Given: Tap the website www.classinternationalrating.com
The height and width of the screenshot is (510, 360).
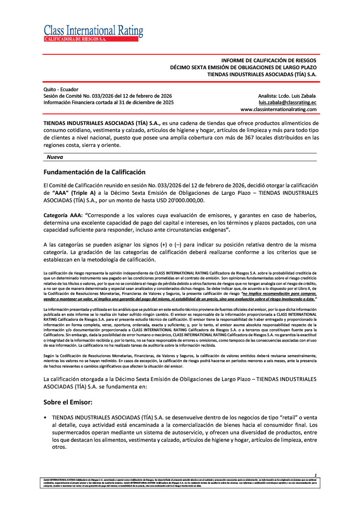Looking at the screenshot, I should (278, 109).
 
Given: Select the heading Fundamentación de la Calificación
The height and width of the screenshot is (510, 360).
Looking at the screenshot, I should (95, 172).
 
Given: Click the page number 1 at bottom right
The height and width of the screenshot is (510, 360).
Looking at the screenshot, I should (315, 476).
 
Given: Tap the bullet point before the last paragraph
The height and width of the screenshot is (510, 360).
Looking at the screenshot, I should (46, 415).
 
